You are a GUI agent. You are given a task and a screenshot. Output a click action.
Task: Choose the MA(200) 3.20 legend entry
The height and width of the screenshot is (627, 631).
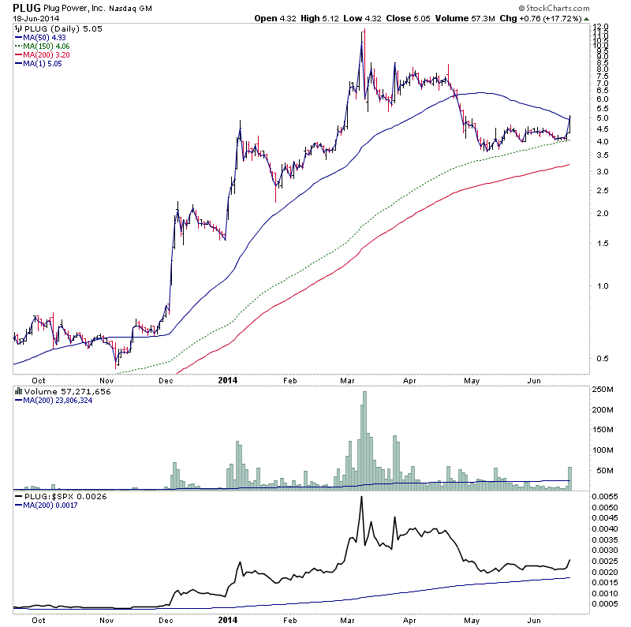[x=41, y=54]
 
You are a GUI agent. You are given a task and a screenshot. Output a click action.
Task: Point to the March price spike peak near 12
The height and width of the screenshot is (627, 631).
[x=364, y=31]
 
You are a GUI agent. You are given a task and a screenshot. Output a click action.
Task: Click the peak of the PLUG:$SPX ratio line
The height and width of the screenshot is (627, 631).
[x=361, y=497]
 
